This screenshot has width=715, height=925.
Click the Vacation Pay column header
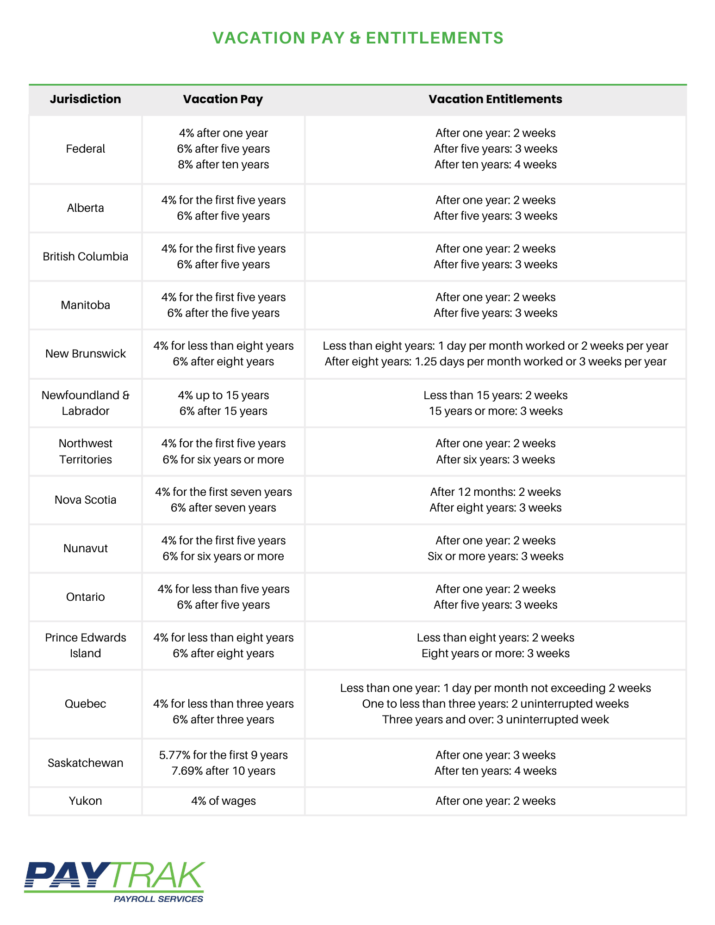point(223,99)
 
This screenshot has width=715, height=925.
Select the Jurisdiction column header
point(85,99)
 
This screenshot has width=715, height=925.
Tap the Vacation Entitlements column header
point(495,99)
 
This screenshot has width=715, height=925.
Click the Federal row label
point(85,149)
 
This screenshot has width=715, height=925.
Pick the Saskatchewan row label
point(85,763)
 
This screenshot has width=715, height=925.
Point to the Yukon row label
point(85,801)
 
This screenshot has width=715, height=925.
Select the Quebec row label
point(85,703)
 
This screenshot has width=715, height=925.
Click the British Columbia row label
point(85,257)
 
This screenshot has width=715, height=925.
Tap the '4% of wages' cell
point(223,801)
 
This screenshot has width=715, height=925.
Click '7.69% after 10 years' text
point(223,771)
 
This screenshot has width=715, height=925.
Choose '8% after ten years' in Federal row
point(223,165)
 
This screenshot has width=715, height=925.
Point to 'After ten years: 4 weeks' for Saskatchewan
point(495,771)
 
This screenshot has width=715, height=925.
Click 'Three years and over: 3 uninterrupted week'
point(495,720)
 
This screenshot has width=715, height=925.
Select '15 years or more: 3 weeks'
point(495,411)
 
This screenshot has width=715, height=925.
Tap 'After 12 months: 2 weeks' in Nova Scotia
point(495,492)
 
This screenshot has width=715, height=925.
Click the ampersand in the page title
point(355,38)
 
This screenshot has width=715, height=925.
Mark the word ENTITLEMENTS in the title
point(434,38)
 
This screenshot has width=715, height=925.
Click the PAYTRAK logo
point(114,876)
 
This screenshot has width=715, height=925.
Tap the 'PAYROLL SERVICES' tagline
point(158,899)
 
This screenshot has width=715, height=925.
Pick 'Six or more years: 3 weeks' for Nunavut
point(495,556)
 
